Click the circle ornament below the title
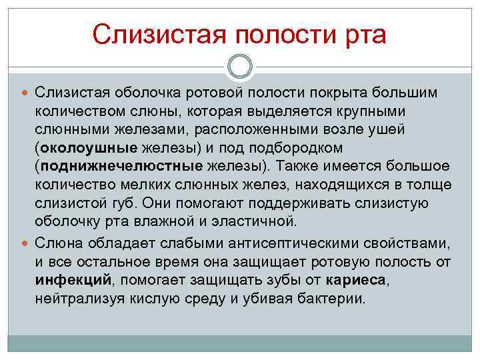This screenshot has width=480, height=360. coord(240,67)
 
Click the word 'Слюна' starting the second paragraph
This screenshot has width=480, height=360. coord(63,241)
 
